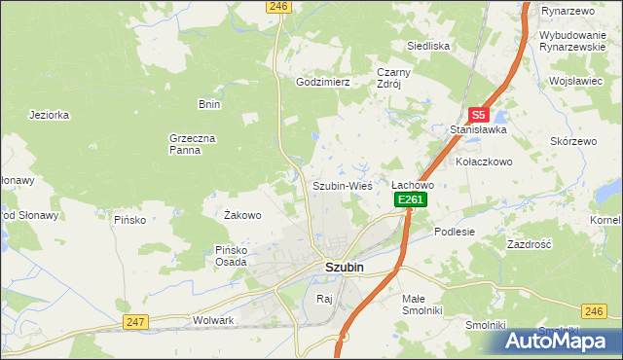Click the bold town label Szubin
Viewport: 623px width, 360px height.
(x=344, y=268)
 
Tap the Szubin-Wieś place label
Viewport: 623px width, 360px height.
(x=342, y=185)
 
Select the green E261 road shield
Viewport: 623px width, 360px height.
(x=411, y=199)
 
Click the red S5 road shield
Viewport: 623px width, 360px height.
(x=478, y=114)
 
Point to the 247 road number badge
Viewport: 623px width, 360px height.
(x=135, y=320)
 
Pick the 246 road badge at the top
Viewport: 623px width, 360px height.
(x=278, y=6)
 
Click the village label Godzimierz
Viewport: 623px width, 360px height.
(x=322, y=83)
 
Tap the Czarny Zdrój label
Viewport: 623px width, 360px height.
(x=395, y=78)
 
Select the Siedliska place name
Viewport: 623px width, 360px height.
(x=427, y=46)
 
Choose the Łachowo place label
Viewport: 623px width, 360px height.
(x=412, y=184)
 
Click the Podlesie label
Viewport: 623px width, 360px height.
(x=455, y=232)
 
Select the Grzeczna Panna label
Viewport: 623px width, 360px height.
(x=192, y=145)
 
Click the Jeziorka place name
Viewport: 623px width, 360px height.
(x=50, y=114)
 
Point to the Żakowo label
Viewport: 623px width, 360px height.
(x=242, y=215)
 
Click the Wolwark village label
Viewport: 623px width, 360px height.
(x=214, y=319)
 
